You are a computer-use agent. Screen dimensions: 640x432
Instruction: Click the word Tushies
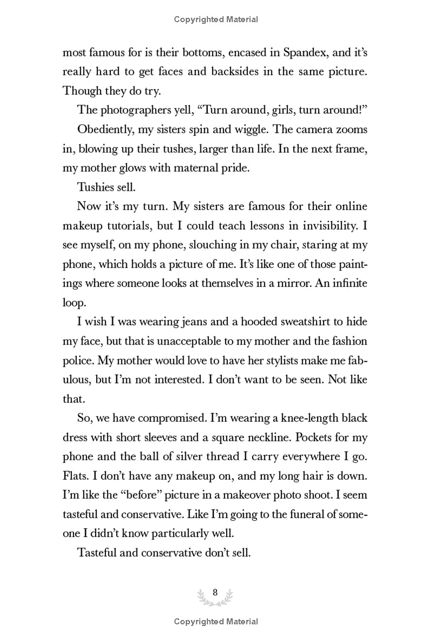click(94, 187)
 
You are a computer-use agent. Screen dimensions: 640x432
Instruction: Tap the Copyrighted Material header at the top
click(216, 19)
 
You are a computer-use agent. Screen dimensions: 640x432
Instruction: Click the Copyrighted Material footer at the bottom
click(216, 622)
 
